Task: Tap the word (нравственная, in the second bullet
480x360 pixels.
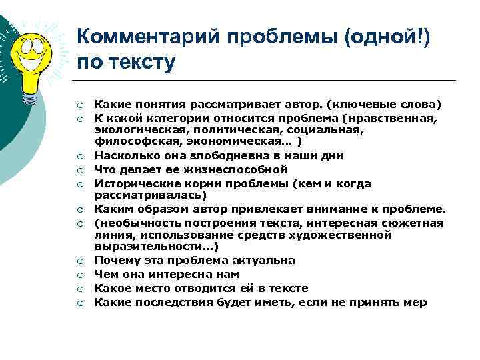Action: point(388,118)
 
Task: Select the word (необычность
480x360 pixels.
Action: point(133,222)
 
